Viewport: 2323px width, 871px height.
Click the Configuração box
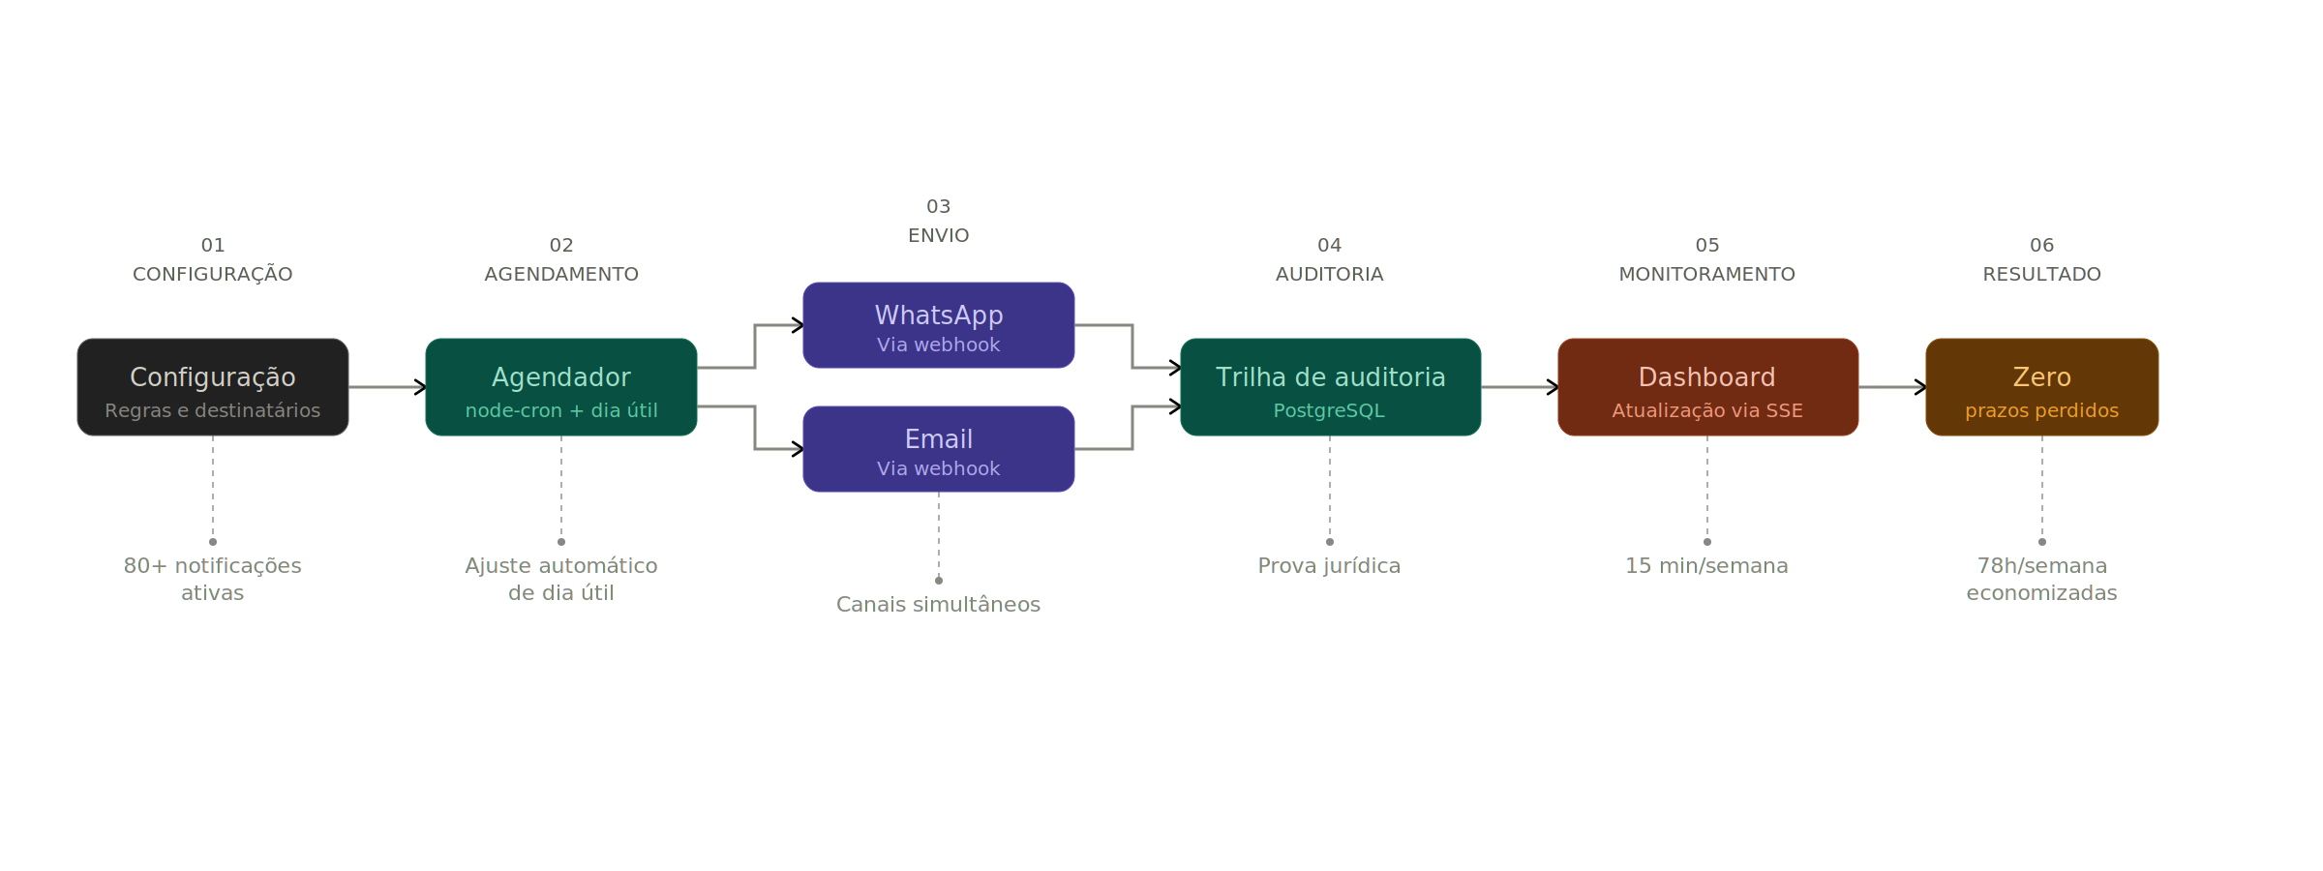coord(213,387)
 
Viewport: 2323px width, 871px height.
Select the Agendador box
coord(561,387)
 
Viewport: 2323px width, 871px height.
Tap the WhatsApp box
coord(938,325)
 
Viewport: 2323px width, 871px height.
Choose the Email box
coord(938,449)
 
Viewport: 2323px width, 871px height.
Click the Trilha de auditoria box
coord(1330,387)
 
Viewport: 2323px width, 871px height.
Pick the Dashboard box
coord(1707,387)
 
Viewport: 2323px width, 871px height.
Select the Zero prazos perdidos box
coord(2041,387)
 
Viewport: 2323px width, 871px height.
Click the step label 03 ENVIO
coord(938,222)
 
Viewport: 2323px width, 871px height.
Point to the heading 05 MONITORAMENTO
coord(1706,260)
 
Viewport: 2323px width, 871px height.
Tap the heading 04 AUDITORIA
coord(1329,260)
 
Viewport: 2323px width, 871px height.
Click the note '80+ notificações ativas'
coord(213,579)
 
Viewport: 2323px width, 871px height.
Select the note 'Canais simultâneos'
coord(938,605)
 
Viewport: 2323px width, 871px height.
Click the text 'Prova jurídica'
coord(1329,566)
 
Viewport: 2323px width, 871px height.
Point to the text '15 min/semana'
coord(1706,566)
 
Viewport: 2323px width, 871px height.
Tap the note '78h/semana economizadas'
coord(2041,579)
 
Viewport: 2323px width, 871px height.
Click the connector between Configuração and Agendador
coord(386,387)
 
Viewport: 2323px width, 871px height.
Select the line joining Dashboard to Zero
coord(1891,387)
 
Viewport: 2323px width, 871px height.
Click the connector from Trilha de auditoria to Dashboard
coord(1519,387)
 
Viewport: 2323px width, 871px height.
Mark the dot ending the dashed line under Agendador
coord(561,542)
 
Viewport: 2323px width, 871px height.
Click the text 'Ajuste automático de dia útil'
coord(561,579)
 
